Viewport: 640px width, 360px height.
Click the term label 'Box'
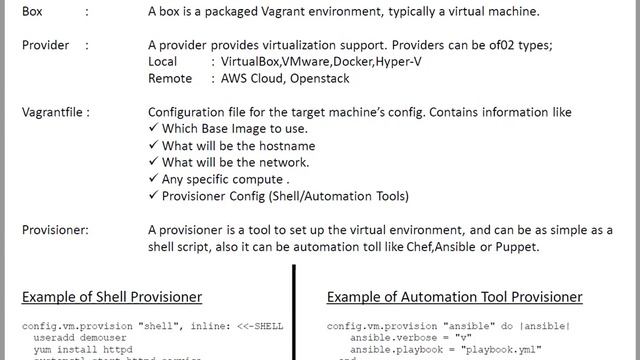(x=34, y=12)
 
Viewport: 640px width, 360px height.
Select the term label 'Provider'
(x=46, y=45)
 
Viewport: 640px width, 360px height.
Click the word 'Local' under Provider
(x=163, y=62)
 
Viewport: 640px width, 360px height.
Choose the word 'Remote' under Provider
(x=170, y=78)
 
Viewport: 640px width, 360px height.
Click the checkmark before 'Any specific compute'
(x=153, y=179)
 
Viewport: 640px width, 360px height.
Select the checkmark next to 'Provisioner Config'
(x=153, y=196)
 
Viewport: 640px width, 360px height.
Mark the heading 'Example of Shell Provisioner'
(x=112, y=297)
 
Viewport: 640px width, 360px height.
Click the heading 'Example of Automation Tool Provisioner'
(x=455, y=297)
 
